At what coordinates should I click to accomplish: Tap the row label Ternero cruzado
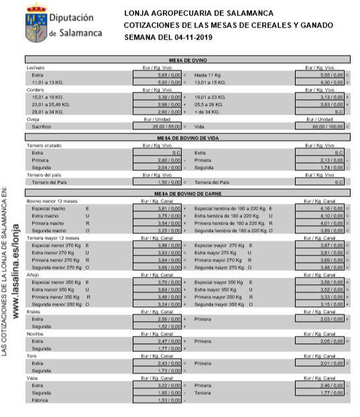click(x=44, y=145)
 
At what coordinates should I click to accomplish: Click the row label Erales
click(x=34, y=312)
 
